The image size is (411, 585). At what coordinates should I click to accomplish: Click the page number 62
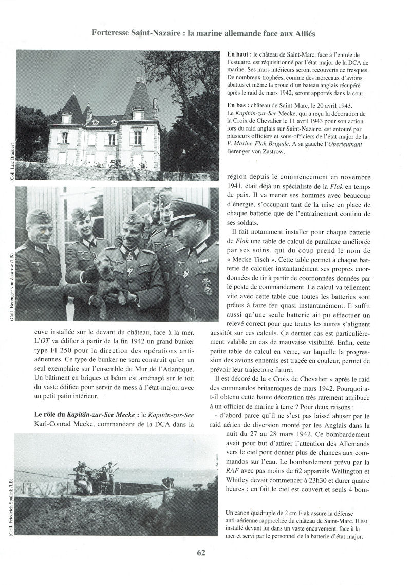(x=200, y=553)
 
